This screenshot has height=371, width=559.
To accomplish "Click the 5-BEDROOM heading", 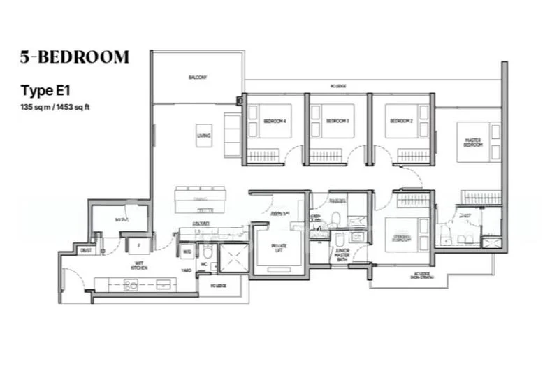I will pyautogui.click(x=75, y=57).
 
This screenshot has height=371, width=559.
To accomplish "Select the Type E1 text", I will pyautogui.click(x=45, y=90).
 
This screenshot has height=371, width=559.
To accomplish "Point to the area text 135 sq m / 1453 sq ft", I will pyautogui.click(x=59, y=106).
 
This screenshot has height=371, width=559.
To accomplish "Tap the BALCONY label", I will pyautogui.click(x=198, y=77).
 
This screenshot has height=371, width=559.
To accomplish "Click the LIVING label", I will pyautogui.click(x=203, y=136).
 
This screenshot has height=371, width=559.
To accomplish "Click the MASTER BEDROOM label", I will pyautogui.click(x=473, y=143).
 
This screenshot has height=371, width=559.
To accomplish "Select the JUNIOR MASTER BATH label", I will pyautogui.click(x=341, y=255).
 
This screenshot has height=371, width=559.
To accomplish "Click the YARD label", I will pyautogui.click(x=187, y=270).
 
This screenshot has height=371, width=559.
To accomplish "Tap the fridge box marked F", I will pyautogui.click(x=139, y=245).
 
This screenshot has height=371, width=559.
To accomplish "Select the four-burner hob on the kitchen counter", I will pyautogui.click(x=131, y=284).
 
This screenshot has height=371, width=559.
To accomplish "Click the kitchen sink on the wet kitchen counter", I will pyautogui.click(x=164, y=284).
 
